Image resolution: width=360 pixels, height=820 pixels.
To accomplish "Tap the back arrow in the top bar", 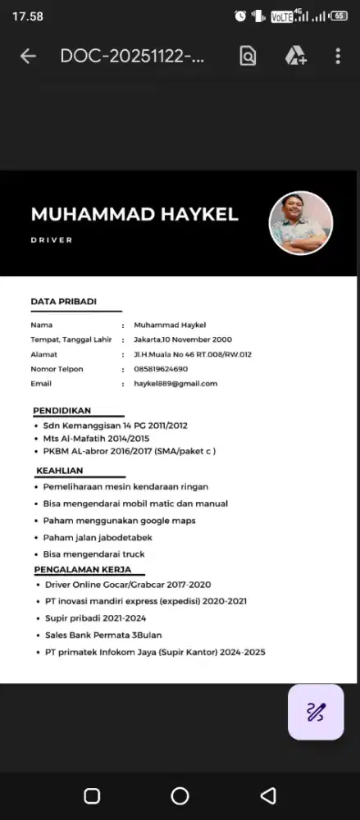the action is pos(28,56).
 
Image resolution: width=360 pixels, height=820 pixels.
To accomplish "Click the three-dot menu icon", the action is pos(338,56).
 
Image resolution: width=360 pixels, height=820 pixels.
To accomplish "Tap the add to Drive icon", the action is pos(295,56).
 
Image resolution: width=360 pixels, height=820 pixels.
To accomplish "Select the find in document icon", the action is pos(248,56).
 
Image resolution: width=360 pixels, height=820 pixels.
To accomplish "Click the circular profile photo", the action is pos(301,223).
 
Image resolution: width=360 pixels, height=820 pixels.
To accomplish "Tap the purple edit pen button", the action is pos(316,711).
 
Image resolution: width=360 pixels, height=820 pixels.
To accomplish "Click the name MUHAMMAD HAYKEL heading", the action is pos(134,215).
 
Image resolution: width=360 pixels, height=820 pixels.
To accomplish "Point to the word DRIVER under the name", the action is pos(52,240).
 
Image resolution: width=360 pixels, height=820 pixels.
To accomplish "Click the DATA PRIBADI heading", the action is pos(63,302).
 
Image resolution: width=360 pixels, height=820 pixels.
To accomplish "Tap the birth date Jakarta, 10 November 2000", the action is pos(183,339).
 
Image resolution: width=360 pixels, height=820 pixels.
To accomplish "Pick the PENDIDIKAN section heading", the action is pos(62,410).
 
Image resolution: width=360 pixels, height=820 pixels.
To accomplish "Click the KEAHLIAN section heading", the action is pos(60,471).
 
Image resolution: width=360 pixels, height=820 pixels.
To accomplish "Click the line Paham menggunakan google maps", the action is pos(120,520).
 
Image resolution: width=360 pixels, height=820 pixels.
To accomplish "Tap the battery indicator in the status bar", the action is pos(339,16).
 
